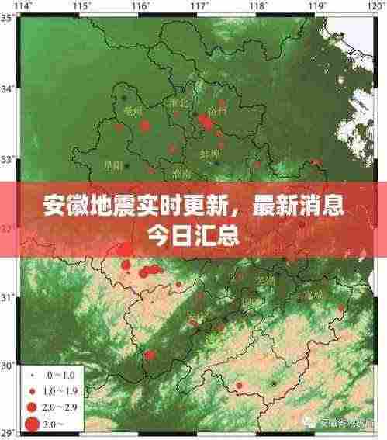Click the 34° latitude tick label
(x=7, y=88)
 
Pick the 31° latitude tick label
(x=7, y=297)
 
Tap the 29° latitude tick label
(x=7, y=432)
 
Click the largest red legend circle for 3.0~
(x=32, y=424)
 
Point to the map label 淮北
(x=180, y=102)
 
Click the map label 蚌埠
(x=209, y=154)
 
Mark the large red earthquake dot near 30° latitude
(x=150, y=355)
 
